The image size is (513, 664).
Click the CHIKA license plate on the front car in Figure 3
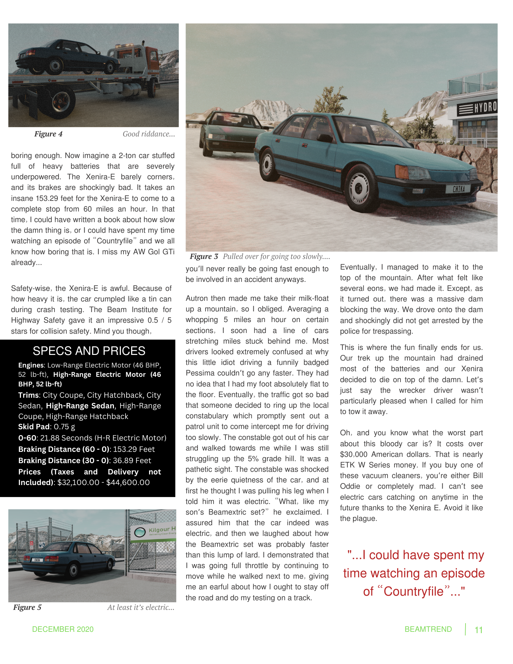click(x=459, y=189)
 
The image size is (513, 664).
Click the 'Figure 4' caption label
click(x=48, y=134)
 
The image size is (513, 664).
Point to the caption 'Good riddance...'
click(x=149, y=134)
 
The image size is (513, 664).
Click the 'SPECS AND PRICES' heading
click(x=89, y=351)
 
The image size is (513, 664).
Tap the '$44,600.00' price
click(x=128, y=482)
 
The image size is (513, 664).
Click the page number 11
click(x=478, y=630)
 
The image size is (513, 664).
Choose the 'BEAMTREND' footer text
click(x=428, y=629)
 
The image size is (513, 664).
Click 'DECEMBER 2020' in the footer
click(x=63, y=629)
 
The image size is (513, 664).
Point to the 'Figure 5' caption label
click(x=27, y=608)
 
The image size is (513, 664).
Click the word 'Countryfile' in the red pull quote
click(x=413, y=592)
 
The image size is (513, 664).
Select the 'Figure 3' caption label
click(x=204, y=257)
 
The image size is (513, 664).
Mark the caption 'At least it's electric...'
click(x=141, y=608)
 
